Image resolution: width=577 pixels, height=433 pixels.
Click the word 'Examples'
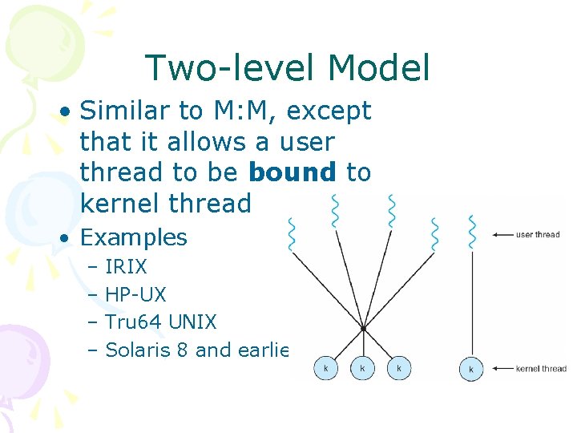tap(134, 237)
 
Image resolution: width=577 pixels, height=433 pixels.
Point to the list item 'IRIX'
tap(126, 267)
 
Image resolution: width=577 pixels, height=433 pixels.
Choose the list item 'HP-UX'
tap(135, 294)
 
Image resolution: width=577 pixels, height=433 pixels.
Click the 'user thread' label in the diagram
tap(537, 235)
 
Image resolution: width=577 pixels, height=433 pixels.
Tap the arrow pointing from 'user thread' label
tap(502, 235)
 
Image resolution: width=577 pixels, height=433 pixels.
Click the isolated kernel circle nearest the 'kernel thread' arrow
tap(471, 369)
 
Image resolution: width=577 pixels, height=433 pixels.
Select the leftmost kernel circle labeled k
tap(325, 368)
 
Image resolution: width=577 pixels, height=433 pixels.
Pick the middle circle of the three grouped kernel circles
tap(362, 368)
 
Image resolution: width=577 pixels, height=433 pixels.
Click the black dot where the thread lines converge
tap(363, 328)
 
